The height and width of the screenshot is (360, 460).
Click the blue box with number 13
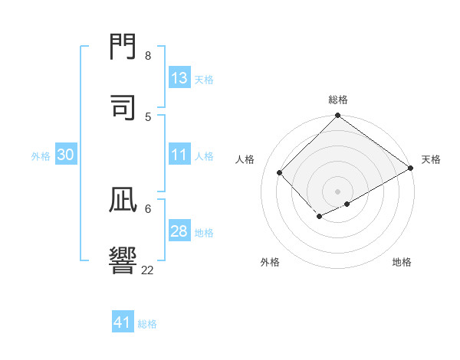click(x=179, y=78)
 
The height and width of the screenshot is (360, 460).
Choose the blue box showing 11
click(x=179, y=155)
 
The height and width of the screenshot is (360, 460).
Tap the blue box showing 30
click(x=66, y=155)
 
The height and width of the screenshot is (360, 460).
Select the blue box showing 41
click(x=123, y=322)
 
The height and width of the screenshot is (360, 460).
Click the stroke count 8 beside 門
click(x=148, y=55)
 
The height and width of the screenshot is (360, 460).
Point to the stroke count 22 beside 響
click(x=148, y=270)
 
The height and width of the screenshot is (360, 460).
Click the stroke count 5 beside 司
click(x=148, y=116)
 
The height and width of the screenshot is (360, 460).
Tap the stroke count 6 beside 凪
click(x=148, y=208)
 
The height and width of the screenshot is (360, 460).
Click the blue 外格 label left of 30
click(x=41, y=156)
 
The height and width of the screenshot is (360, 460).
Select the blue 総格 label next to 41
click(x=147, y=324)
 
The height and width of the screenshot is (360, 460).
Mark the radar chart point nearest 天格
click(x=411, y=169)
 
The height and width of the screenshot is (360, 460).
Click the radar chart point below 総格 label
click(x=337, y=116)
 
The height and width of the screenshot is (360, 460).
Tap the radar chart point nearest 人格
click(x=280, y=173)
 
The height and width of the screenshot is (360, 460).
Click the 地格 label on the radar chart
click(x=402, y=262)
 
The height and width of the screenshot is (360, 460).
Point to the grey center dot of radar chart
click(x=337, y=191)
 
